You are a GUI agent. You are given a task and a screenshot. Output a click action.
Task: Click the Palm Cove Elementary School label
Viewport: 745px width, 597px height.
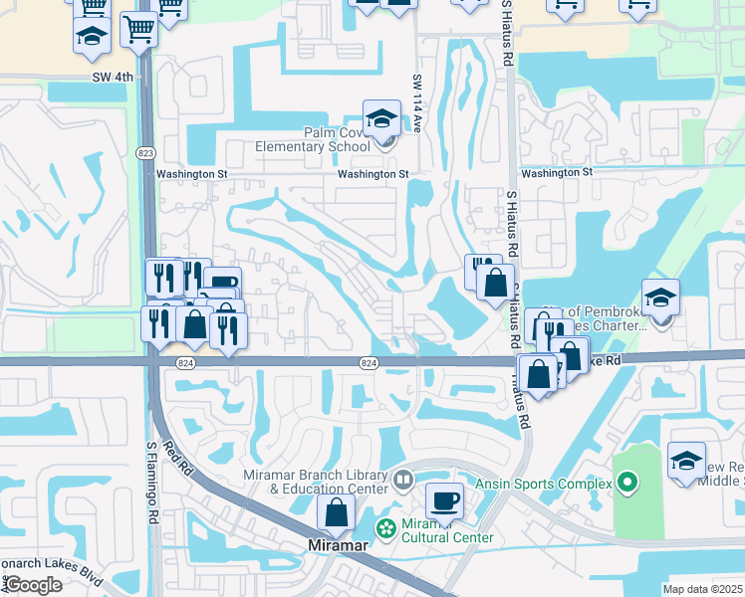pos(311,139)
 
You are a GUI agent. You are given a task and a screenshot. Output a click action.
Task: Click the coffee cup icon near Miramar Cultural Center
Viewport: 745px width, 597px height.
pos(444,501)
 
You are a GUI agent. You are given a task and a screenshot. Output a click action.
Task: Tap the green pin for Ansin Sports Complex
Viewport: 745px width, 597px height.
pos(626,485)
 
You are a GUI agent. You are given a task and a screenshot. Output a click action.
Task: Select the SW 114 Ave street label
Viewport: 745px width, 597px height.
pos(417,102)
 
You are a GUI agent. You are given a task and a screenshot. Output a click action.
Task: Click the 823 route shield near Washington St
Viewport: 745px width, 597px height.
pos(145,151)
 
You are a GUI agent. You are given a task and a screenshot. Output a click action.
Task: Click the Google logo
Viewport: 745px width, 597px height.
pos(33,584)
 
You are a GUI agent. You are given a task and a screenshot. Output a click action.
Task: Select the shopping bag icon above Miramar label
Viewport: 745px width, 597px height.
pos(337,512)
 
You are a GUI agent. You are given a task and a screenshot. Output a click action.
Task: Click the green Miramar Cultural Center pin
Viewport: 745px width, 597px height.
pos(384,525)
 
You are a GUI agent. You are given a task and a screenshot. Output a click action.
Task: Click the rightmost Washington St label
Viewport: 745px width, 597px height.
pos(556,172)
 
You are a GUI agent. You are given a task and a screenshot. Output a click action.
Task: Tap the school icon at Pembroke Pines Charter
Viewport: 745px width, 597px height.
pos(659,298)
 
